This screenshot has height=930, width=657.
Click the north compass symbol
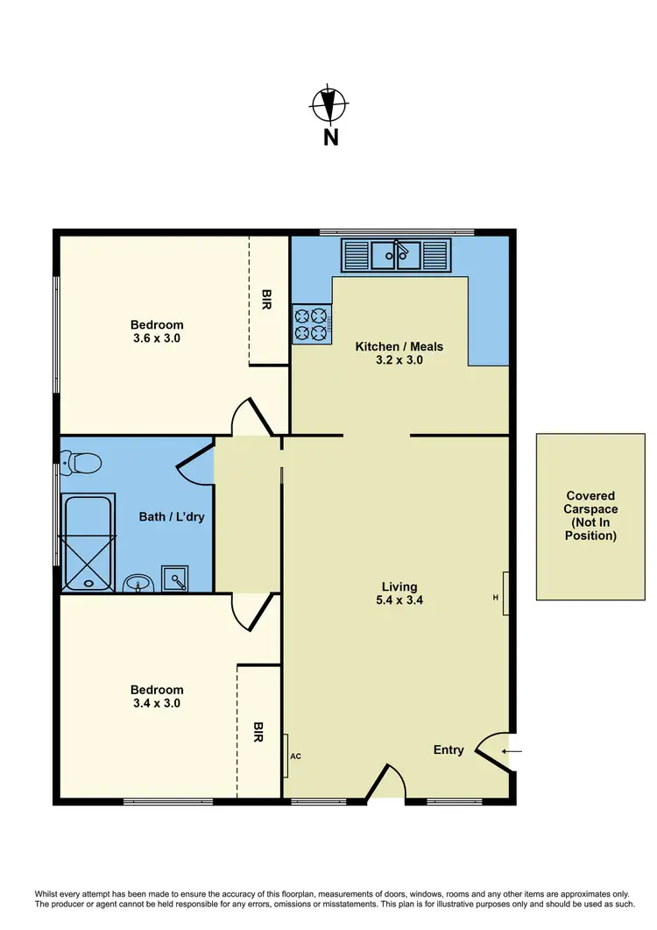coord(328,106)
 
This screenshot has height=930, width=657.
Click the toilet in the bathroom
coord(82,461)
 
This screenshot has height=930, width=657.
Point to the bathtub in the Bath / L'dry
coord(88,542)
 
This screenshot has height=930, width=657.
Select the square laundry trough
coord(178,579)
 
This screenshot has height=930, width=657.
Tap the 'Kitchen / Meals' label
coord(399,346)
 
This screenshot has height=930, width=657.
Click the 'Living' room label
coord(399,586)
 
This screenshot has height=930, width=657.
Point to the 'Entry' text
coord(449,749)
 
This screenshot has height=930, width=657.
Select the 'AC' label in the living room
coord(295,755)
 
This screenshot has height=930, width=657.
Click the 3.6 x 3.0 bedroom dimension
coord(157,337)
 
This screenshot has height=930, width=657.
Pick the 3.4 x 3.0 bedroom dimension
coord(157,702)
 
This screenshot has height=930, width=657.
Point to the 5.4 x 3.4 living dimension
coord(399,600)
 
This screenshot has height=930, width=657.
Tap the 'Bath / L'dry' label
coord(172,516)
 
